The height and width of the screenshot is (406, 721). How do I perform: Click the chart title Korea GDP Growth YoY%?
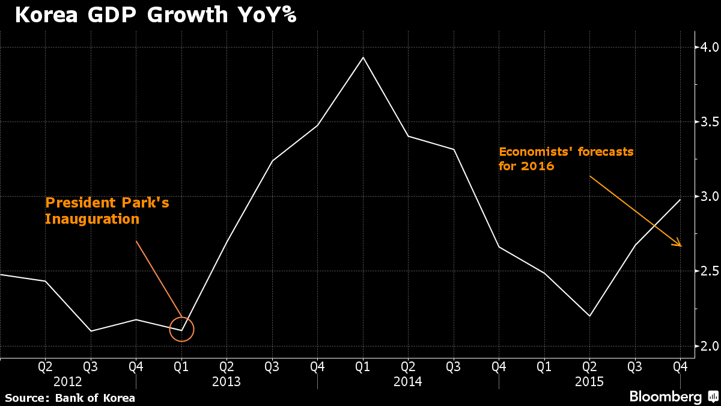(x=155, y=14)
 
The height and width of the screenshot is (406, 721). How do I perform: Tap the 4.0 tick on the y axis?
(x=708, y=47)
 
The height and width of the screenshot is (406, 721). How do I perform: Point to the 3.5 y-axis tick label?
(x=708, y=122)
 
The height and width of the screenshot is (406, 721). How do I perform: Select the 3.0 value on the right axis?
(x=708, y=197)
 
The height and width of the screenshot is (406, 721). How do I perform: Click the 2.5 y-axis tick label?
(x=708, y=271)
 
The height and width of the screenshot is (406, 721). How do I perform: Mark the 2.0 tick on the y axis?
(x=708, y=346)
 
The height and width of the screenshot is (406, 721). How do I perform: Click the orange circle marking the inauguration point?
(x=182, y=329)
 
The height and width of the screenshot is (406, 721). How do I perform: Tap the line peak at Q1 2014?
(x=363, y=57)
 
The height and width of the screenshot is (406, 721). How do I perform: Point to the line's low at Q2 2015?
(x=589, y=316)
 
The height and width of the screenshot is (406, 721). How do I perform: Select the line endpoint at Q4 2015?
(x=680, y=200)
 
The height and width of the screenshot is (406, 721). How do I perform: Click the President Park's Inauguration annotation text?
(x=107, y=211)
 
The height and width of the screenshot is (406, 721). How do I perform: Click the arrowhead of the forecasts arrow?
(x=680, y=245)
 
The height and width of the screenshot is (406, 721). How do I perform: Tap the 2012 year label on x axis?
(x=68, y=381)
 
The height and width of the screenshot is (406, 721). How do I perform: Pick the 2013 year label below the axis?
(x=227, y=381)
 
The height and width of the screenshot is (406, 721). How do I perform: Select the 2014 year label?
(x=408, y=381)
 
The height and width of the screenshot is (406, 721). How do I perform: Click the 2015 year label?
(x=589, y=381)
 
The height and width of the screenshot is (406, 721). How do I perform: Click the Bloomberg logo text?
(x=665, y=397)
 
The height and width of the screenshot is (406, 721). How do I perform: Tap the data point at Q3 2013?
(x=272, y=161)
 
